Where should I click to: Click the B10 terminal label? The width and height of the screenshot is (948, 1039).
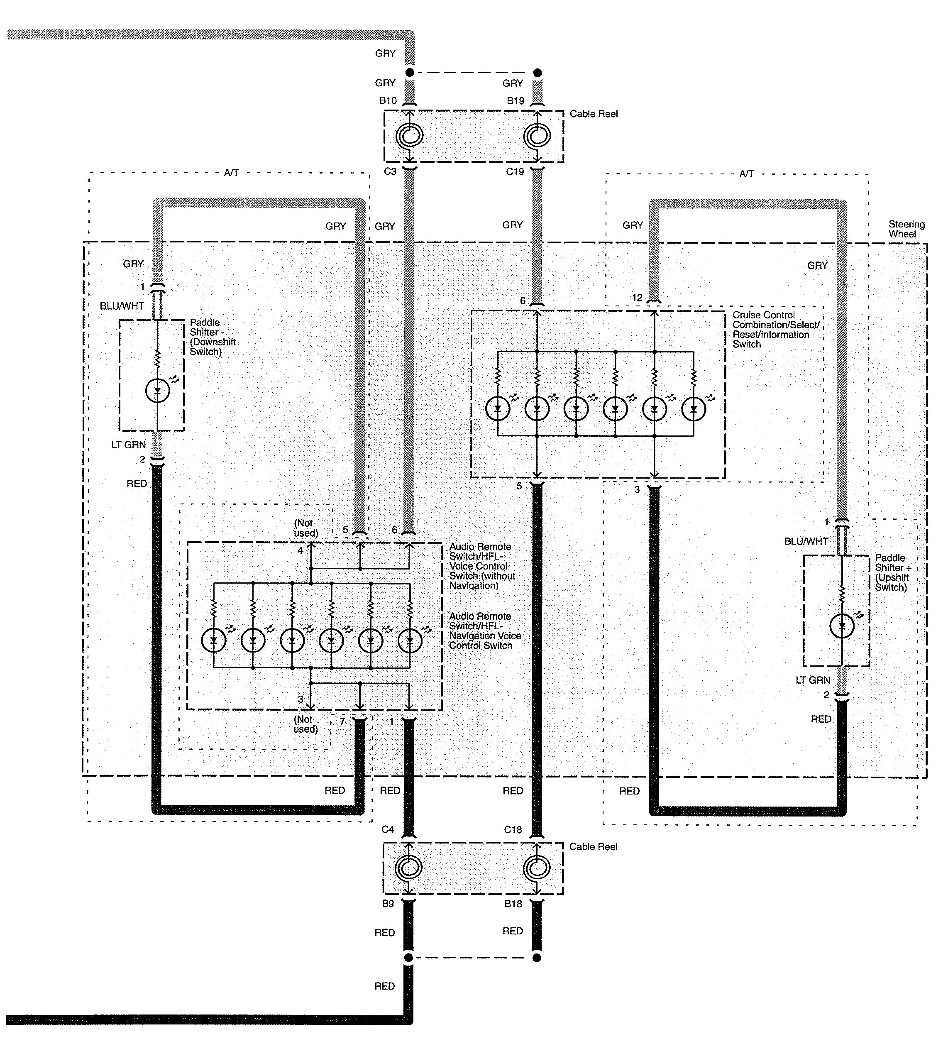tap(388, 100)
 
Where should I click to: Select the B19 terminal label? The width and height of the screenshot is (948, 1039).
tap(515, 101)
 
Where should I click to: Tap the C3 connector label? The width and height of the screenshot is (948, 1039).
tap(390, 171)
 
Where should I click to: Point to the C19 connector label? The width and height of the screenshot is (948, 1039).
tap(515, 171)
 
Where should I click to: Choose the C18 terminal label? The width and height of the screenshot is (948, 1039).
tap(513, 830)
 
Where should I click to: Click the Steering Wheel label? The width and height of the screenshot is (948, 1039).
tap(906, 229)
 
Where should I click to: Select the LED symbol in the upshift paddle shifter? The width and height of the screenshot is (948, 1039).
tap(842, 626)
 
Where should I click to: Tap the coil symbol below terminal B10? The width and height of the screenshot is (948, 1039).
tap(410, 136)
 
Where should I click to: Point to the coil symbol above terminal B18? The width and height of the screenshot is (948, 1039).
tap(536, 869)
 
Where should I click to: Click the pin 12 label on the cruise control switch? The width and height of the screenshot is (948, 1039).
tap(637, 298)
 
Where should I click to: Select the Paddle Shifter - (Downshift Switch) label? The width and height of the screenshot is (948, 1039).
tap(212, 337)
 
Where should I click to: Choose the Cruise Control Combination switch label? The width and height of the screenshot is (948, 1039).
tap(775, 329)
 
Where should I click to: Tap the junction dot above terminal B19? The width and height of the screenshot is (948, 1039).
tap(537, 73)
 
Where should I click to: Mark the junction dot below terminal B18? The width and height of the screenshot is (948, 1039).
tap(536, 958)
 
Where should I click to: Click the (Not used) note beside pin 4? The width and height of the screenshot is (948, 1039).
tap(305, 528)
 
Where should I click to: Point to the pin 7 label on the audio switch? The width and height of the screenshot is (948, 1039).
tap(342, 721)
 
